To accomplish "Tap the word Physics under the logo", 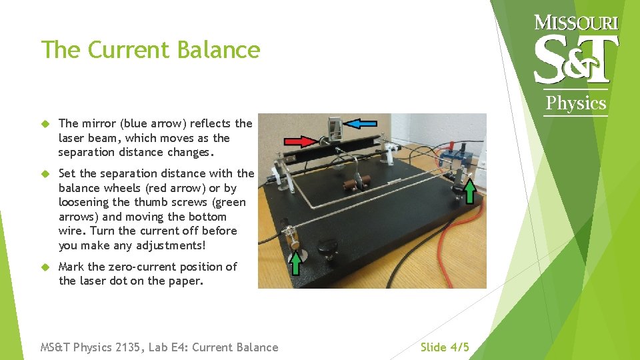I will click(x=576, y=103).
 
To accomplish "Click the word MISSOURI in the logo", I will click(x=577, y=23).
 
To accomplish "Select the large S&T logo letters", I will click(x=576, y=60).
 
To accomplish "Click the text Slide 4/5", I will click(x=445, y=347).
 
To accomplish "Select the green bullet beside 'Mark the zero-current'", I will click(x=45, y=267).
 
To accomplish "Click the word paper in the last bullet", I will click(x=187, y=281).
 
